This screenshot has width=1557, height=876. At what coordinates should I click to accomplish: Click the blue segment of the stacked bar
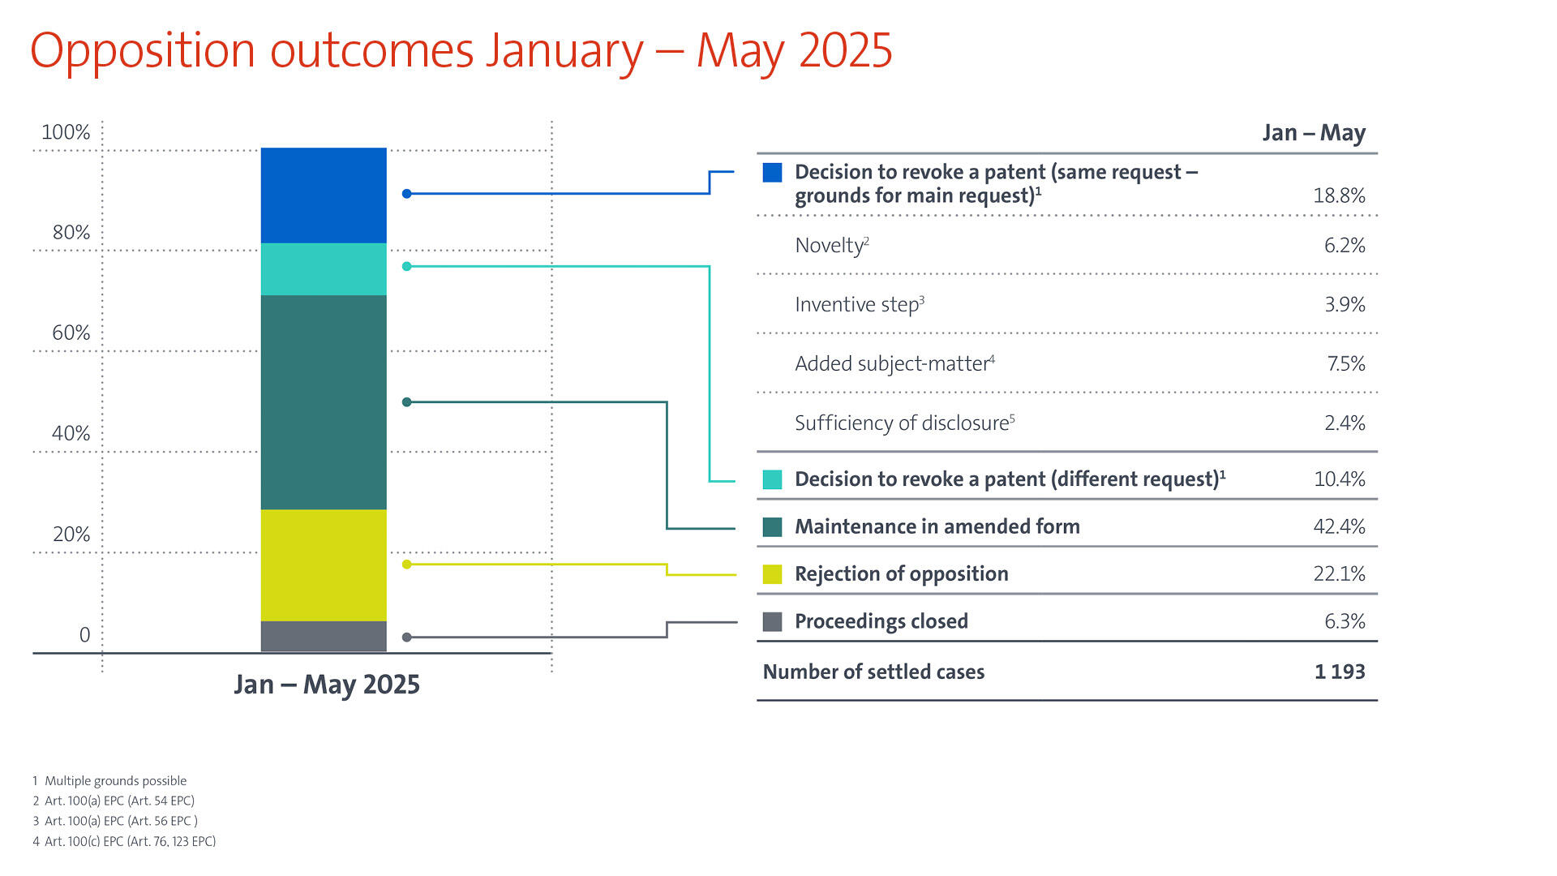[x=324, y=195]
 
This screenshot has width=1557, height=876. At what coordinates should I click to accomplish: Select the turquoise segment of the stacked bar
[x=324, y=268]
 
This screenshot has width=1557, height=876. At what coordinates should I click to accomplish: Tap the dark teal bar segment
[x=324, y=401]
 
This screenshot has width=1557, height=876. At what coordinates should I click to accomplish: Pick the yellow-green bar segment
[x=324, y=565]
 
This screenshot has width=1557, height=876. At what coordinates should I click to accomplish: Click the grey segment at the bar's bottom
[x=324, y=636]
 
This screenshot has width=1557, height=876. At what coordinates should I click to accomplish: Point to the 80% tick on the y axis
[x=71, y=233]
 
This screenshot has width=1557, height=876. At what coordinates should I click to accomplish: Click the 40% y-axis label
[x=71, y=433]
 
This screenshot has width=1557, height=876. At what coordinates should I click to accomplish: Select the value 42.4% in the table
[x=1339, y=526]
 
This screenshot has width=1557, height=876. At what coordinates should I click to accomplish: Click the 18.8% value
[x=1339, y=195]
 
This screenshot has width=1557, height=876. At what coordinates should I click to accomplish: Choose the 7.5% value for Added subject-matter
[x=1345, y=363]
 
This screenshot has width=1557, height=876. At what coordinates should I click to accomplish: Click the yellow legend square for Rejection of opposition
[x=772, y=574]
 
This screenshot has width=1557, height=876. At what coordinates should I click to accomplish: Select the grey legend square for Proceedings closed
[x=772, y=621]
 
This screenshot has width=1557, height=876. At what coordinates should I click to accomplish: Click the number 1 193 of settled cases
[x=1340, y=672]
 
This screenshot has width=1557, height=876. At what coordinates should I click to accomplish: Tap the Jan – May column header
[x=1314, y=132]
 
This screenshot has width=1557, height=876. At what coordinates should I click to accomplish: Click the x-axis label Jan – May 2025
[x=327, y=685]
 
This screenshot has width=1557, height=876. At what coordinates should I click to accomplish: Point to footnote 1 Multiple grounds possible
[x=110, y=780]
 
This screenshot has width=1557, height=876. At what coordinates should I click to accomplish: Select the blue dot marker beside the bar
[x=407, y=194]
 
